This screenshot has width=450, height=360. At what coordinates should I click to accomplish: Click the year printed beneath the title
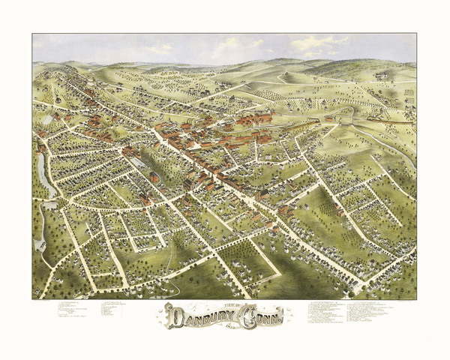(225, 325)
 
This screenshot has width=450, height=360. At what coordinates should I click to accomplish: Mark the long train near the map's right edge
(390, 119)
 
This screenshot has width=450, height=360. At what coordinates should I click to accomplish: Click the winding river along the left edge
(43, 180)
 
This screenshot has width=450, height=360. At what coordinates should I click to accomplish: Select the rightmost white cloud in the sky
(319, 43)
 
